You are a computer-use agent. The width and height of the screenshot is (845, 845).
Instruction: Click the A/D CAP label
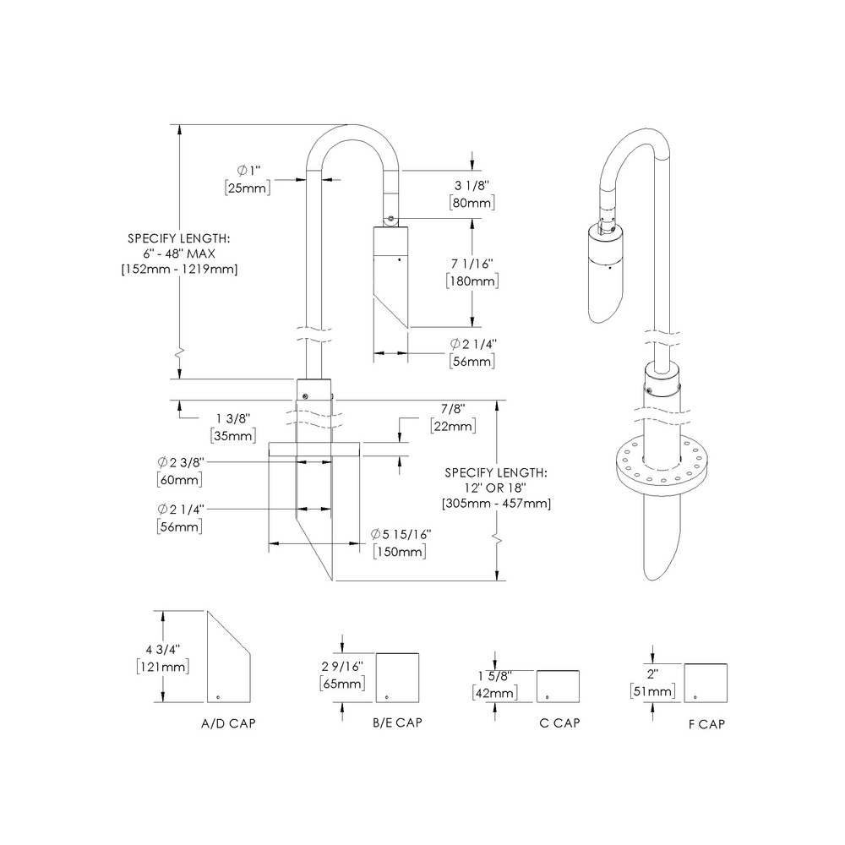228,723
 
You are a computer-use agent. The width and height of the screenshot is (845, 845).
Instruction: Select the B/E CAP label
397,723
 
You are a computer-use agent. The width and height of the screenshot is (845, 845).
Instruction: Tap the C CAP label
559,723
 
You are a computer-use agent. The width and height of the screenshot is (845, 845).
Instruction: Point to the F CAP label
706,724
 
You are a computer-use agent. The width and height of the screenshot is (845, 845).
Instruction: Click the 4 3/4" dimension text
163,649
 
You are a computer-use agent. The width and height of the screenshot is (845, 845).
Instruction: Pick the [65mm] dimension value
343,684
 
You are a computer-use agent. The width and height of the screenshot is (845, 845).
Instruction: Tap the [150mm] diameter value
399,552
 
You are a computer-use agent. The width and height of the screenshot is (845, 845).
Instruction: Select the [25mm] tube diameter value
248,188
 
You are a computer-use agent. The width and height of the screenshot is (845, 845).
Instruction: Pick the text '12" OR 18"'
496,488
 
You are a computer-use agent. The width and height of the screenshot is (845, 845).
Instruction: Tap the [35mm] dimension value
232,436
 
